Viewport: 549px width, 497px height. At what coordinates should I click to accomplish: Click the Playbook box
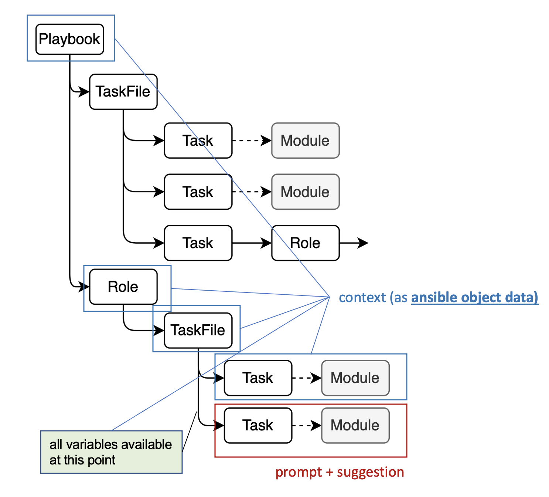69,39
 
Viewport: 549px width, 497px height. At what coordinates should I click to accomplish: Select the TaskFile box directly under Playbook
123,92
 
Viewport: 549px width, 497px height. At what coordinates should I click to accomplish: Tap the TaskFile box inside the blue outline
198,330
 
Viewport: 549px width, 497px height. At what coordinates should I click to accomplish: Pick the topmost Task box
198,141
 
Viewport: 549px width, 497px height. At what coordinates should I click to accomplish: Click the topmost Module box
305,141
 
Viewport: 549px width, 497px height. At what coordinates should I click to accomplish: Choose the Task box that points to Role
198,243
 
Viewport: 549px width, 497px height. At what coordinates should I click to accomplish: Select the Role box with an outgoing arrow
305,243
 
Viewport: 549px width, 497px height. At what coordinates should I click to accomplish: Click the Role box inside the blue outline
123,287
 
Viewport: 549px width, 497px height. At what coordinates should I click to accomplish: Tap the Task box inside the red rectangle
258,425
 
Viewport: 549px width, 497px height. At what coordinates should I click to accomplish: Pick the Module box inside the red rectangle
355,425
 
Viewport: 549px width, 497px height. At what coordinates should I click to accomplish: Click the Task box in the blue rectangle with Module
258,378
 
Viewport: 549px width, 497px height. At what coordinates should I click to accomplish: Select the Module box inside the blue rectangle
355,378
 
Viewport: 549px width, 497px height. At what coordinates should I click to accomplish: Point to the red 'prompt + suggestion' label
340,472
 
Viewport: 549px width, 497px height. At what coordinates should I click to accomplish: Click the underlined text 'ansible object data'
474,297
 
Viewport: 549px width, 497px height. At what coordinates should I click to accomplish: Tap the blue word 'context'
362,297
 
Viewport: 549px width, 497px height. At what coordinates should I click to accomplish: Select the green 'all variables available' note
111,452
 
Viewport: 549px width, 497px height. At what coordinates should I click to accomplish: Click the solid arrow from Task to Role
252,243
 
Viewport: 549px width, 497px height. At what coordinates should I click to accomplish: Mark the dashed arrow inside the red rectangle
306,425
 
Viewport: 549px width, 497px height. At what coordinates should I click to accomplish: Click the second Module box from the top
305,192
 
